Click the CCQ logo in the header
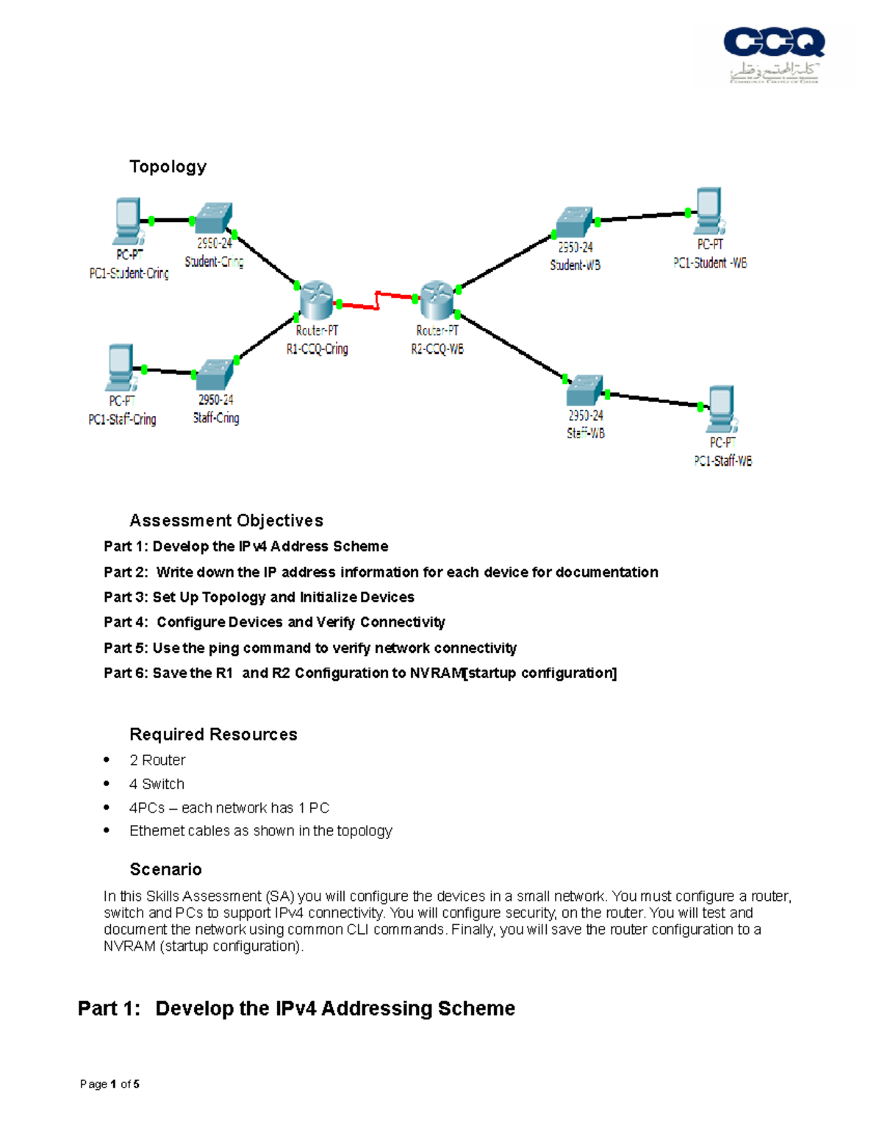774,55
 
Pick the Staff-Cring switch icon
215,375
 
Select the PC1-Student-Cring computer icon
128,221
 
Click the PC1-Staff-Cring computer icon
120,367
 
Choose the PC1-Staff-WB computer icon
721,410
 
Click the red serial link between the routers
376,300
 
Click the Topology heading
168,167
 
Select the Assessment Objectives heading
226,521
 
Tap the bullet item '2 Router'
157,760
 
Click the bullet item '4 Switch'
157,784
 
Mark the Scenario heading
165,869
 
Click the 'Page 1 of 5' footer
110,1084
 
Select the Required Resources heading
213,735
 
